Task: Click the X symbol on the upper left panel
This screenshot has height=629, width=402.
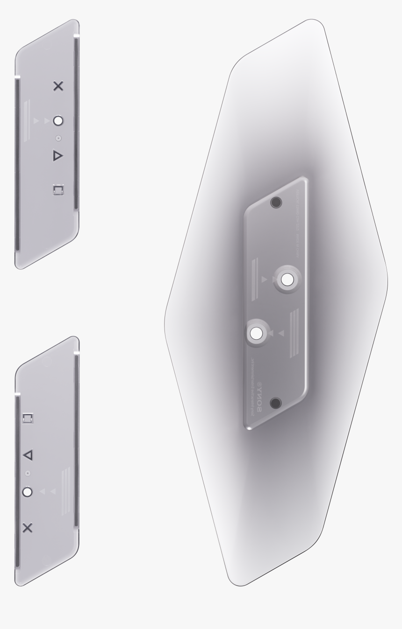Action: (x=58, y=86)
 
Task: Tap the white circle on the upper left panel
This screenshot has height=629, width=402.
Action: (x=58, y=121)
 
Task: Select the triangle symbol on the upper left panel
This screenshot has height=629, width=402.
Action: (x=57, y=155)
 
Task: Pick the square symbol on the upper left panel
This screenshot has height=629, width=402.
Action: (x=58, y=190)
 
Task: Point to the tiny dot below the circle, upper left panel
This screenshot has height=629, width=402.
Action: (x=58, y=138)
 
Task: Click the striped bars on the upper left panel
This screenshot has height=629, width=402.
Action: (x=27, y=120)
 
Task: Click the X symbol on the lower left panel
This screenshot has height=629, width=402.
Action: (x=28, y=528)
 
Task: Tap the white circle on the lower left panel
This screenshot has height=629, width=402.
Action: (x=28, y=492)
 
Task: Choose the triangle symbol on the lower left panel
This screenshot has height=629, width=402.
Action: (x=28, y=454)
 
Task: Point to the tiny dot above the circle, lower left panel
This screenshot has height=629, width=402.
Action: (x=28, y=473)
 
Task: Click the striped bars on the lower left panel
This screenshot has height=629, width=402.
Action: (x=66, y=491)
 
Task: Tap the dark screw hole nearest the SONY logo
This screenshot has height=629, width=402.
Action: (x=276, y=403)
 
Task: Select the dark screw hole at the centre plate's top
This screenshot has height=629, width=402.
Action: (x=276, y=202)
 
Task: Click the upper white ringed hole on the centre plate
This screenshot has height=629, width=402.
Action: (x=287, y=280)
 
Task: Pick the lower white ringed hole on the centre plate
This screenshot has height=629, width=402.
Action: (x=256, y=333)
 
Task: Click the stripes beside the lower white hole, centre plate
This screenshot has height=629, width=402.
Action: (x=294, y=333)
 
